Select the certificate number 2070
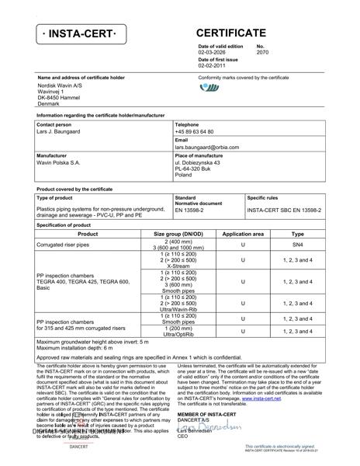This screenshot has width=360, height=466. coord(262,53)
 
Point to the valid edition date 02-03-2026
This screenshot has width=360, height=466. coord(213,53)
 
